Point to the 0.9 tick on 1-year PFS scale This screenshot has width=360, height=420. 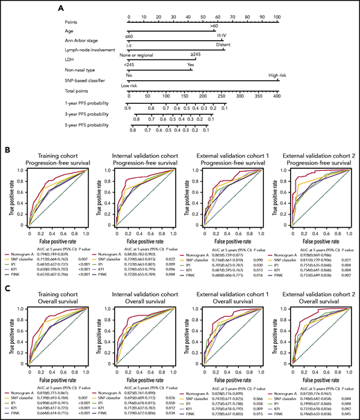(128, 108)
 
